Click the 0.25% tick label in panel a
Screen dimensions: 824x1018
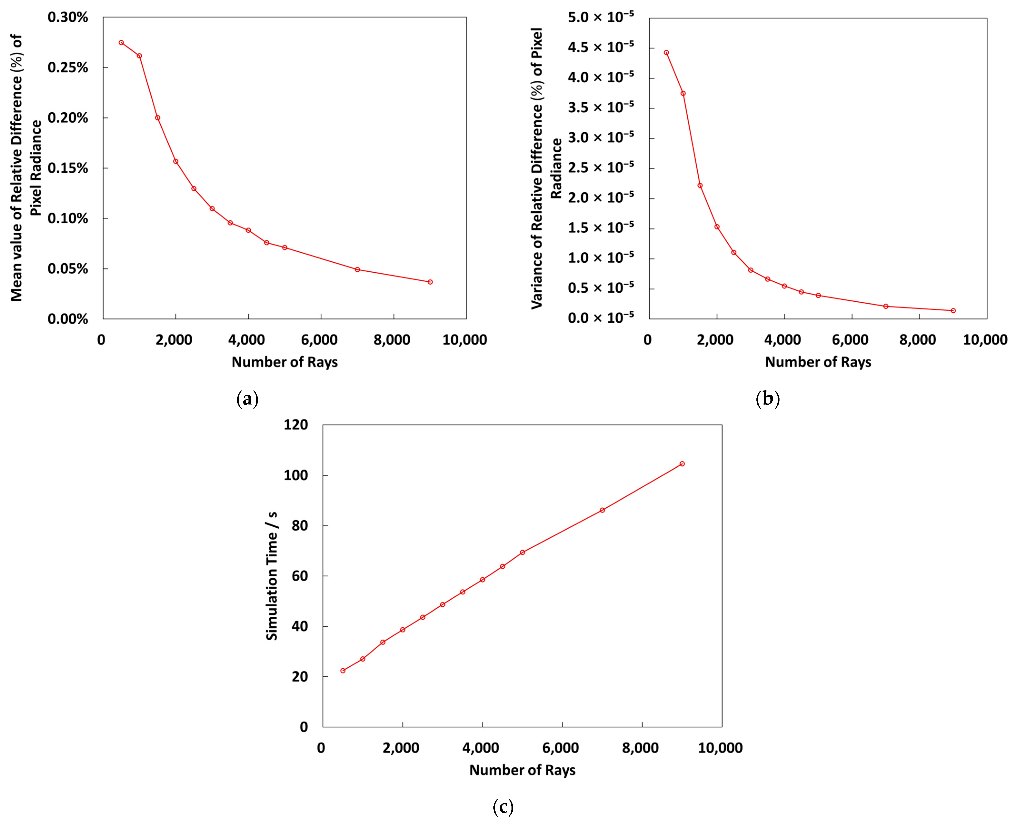68,67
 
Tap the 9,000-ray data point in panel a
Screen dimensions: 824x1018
430,282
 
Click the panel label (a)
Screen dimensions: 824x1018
247,399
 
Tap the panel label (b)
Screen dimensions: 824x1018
767,399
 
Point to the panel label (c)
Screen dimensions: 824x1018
503,806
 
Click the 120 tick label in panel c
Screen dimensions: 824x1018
296,425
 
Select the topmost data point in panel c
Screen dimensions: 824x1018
682,464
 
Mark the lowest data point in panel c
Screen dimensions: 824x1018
343,671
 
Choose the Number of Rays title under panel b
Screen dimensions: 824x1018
818,362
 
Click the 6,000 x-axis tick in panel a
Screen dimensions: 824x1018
321,340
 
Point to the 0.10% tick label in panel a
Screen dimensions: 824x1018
68,218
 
